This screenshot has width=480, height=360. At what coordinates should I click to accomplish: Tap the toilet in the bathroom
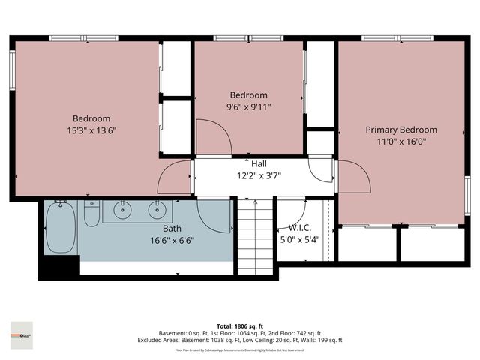(x=91, y=215)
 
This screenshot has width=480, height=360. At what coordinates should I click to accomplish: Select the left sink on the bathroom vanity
(x=123, y=210)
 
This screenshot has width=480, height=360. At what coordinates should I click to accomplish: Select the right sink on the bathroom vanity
(x=157, y=210)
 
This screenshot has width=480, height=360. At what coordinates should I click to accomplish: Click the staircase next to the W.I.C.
(x=253, y=238)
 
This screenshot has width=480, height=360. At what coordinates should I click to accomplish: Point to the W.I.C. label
(x=299, y=228)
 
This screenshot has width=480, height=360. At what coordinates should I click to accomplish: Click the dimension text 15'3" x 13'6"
(x=91, y=130)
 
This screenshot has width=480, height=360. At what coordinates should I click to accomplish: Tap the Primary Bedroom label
(x=400, y=130)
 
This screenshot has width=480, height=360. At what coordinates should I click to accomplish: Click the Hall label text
(x=259, y=163)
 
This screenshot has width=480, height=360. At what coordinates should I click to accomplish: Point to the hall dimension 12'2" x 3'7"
(x=259, y=175)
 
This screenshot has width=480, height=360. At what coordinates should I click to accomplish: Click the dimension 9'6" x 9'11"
(x=248, y=107)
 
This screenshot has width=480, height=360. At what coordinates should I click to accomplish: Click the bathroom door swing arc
(x=214, y=217)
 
